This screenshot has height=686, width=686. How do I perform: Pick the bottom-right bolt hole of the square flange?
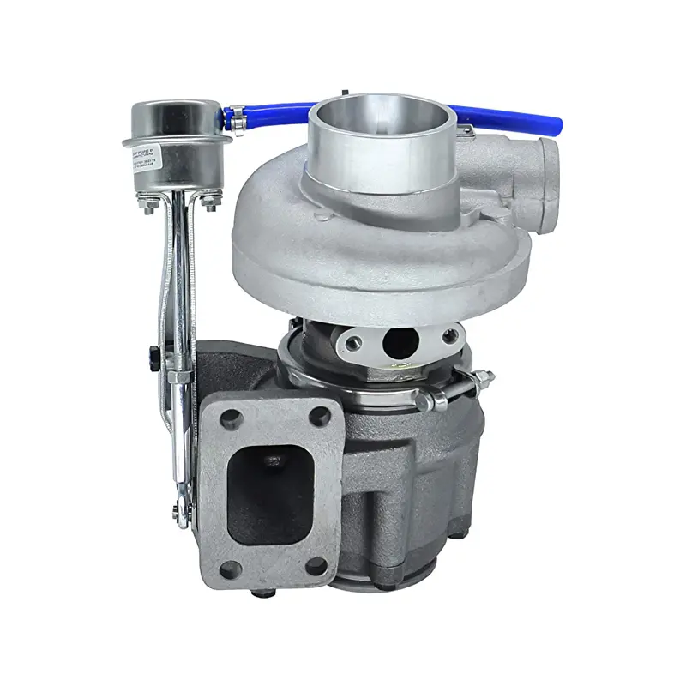pos(316,565)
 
